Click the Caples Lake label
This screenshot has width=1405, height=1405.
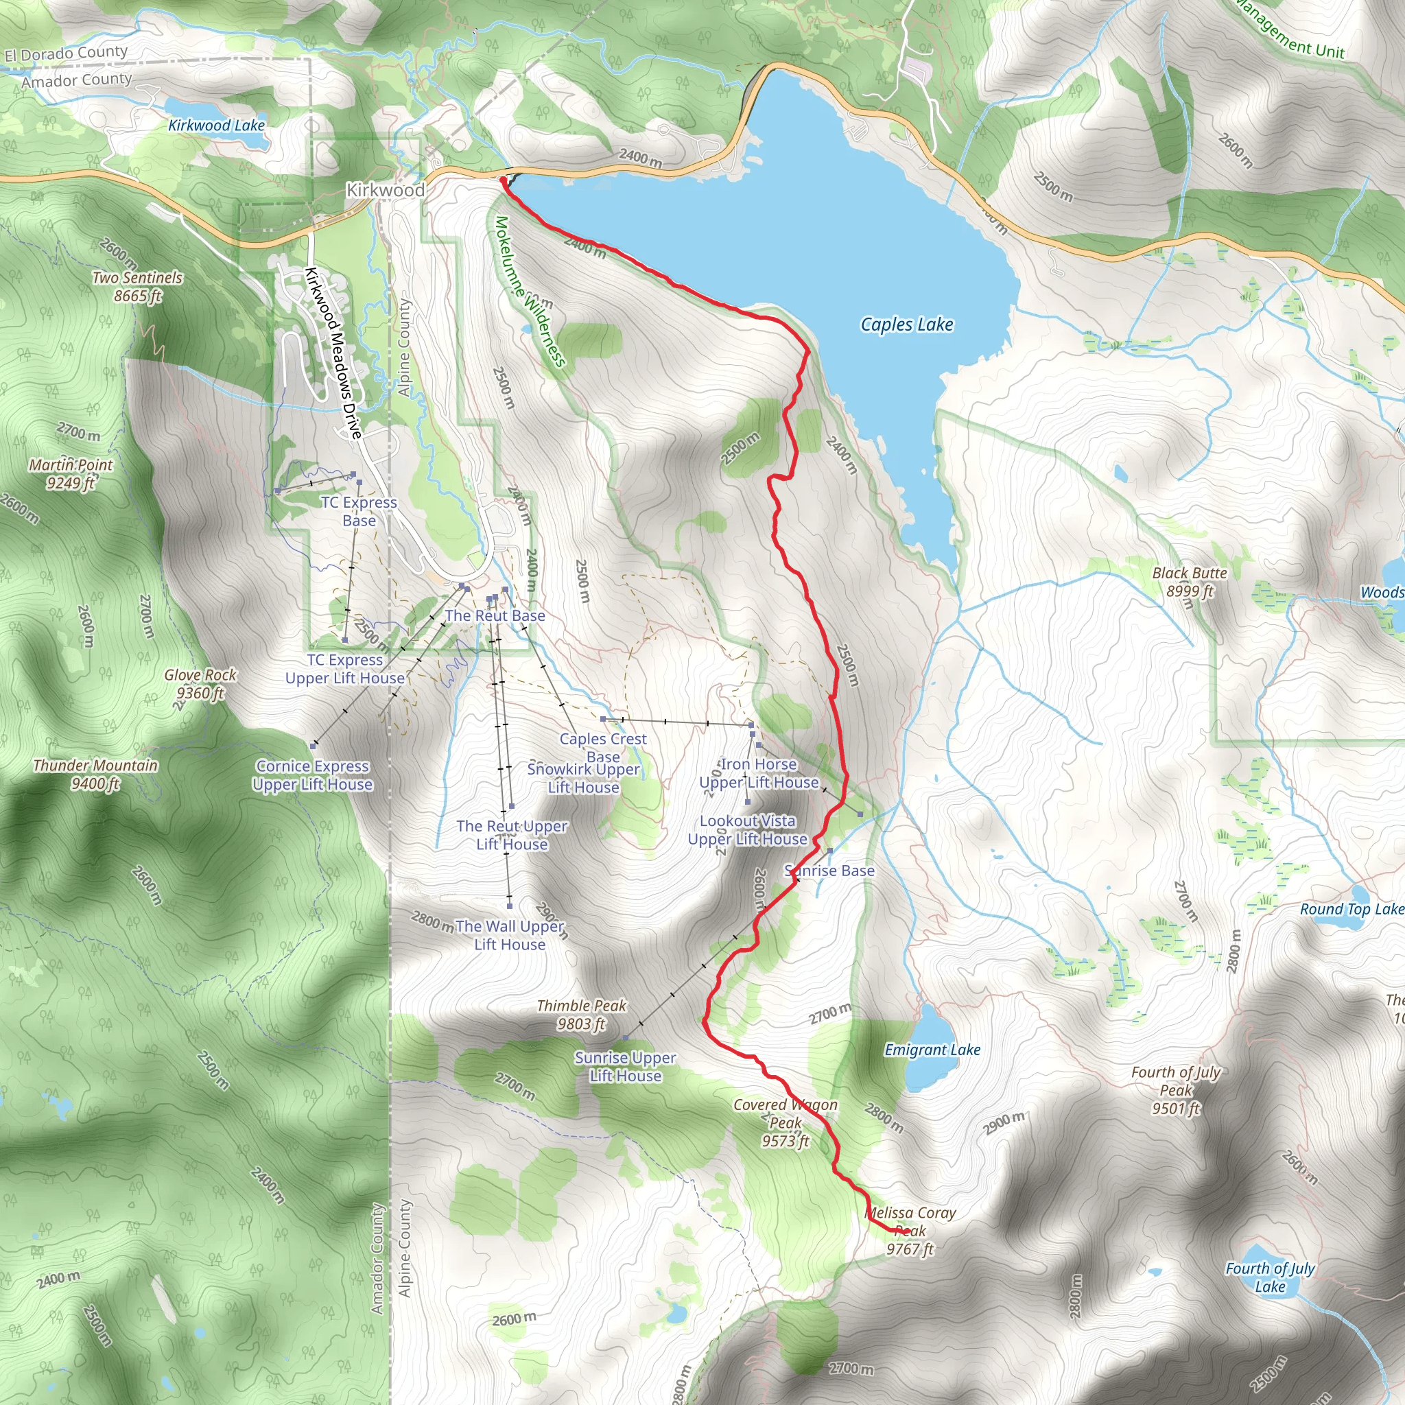point(906,324)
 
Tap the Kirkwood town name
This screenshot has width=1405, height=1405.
point(385,190)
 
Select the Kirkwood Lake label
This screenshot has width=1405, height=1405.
point(216,125)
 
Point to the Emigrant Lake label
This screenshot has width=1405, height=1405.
point(932,1050)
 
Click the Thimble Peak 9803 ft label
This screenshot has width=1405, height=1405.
point(581,1015)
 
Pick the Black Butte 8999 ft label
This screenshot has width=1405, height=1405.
point(1189,582)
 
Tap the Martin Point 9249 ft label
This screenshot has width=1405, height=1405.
point(71,473)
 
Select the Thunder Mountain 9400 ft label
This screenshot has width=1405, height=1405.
point(95,774)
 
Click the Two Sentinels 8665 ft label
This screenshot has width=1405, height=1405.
point(137,287)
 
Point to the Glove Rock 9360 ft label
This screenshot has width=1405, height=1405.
point(200,683)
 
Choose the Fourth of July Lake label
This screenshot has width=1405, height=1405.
point(1270,1277)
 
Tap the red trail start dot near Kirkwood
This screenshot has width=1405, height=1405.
point(502,179)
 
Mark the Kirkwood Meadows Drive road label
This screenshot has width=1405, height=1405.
point(333,353)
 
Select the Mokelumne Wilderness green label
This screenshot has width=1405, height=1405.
point(530,292)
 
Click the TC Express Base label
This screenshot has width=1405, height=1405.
point(359,511)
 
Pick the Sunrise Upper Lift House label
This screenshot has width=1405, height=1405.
point(626,1066)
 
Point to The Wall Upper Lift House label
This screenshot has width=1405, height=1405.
point(509,935)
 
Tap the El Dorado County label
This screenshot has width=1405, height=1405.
point(65,53)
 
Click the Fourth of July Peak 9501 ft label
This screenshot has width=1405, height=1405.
point(1175,1090)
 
